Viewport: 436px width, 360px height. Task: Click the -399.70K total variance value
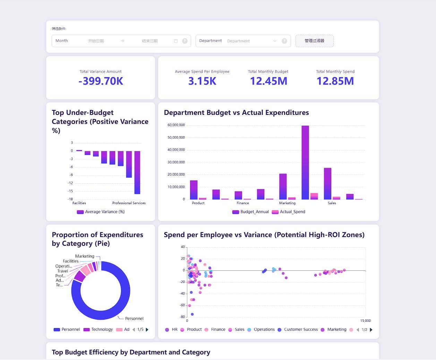point(101,81)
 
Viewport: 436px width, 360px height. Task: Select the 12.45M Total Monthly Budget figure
point(268,81)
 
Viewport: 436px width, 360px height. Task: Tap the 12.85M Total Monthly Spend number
point(335,81)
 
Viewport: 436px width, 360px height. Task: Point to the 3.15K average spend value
point(202,81)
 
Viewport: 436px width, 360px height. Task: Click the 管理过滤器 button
point(314,41)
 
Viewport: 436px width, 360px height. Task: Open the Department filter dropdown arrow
point(275,41)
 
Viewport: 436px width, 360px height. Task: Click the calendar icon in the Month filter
point(176,41)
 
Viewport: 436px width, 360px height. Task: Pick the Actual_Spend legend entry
point(289,212)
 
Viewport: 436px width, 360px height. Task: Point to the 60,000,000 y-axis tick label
point(176,125)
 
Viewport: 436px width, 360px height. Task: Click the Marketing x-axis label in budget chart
point(287,203)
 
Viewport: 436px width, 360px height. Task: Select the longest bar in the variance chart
point(137,172)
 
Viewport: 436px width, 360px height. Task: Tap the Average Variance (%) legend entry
point(101,212)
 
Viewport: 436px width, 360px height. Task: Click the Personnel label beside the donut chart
point(134,318)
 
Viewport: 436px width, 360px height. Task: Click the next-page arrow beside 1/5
point(147,329)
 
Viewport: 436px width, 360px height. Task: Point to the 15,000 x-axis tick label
point(365,321)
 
